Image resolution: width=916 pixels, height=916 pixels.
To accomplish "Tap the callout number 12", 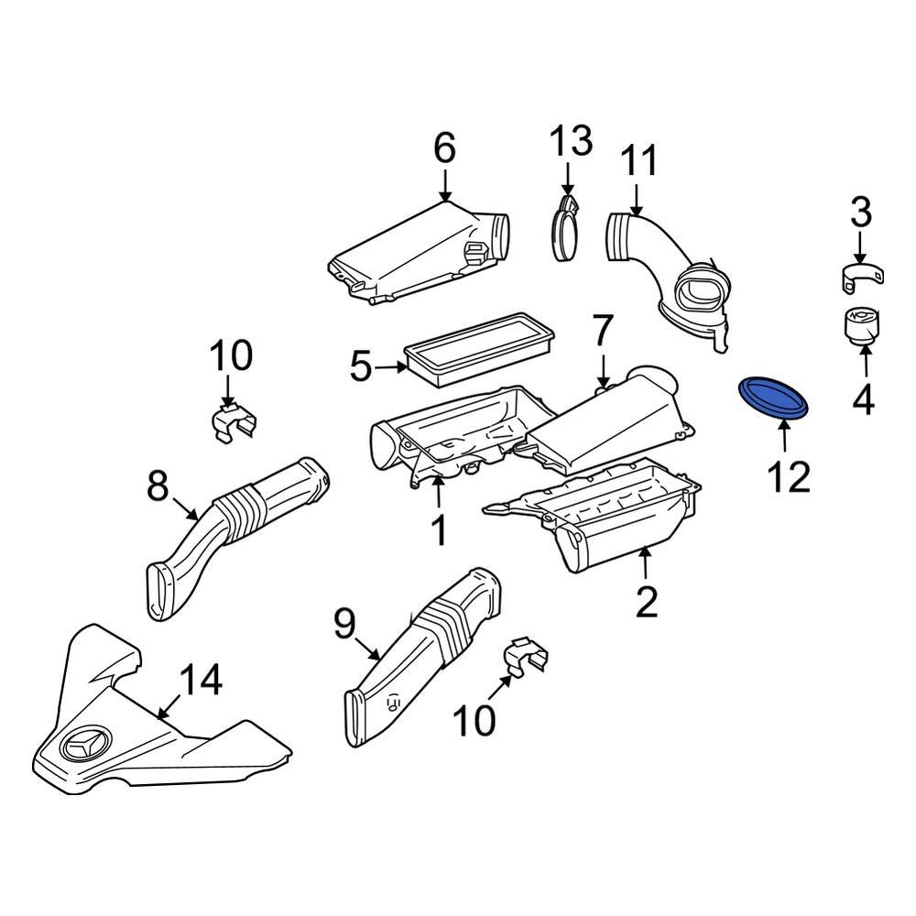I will (x=788, y=476).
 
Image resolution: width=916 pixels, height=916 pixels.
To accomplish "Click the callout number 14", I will (x=199, y=682).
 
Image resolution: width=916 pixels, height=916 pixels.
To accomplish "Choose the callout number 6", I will (x=443, y=148).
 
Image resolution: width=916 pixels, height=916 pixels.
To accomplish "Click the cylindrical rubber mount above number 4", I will (x=860, y=328).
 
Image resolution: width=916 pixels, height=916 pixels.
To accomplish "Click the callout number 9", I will (x=343, y=625).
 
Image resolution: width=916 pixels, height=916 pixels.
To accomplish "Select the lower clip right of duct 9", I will (x=528, y=656).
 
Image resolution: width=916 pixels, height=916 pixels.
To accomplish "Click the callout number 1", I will (x=439, y=529).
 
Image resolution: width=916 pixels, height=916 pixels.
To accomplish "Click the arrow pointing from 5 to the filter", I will (x=393, y=368).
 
